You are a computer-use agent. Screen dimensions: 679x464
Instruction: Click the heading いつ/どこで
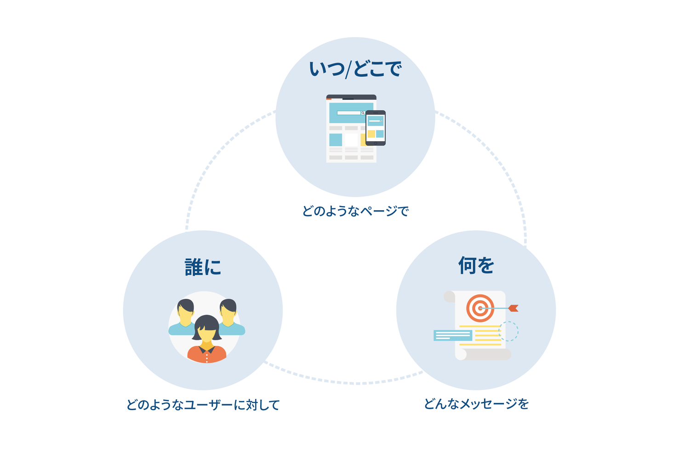355,69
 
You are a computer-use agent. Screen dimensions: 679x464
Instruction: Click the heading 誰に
203,267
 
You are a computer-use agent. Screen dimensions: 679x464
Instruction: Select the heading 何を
476,265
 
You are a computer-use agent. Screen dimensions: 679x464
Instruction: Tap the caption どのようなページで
355,211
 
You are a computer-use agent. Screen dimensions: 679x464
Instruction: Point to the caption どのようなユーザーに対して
203,405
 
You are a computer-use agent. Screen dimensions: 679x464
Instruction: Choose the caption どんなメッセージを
476,404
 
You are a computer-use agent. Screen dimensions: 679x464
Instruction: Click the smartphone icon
376,128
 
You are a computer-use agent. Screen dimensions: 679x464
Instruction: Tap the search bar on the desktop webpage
351,113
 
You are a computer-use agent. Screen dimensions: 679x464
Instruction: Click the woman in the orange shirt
207,339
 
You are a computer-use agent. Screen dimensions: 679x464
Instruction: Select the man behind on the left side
183,317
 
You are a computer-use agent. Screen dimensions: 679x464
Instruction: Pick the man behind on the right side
230,317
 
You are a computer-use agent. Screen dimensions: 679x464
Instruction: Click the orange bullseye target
480,308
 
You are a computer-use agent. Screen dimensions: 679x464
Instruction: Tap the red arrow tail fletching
514,308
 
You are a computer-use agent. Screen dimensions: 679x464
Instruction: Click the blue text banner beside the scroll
453,335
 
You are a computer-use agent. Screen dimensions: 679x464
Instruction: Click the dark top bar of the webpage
351,97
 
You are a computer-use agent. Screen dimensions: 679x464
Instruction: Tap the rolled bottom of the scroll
483,354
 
